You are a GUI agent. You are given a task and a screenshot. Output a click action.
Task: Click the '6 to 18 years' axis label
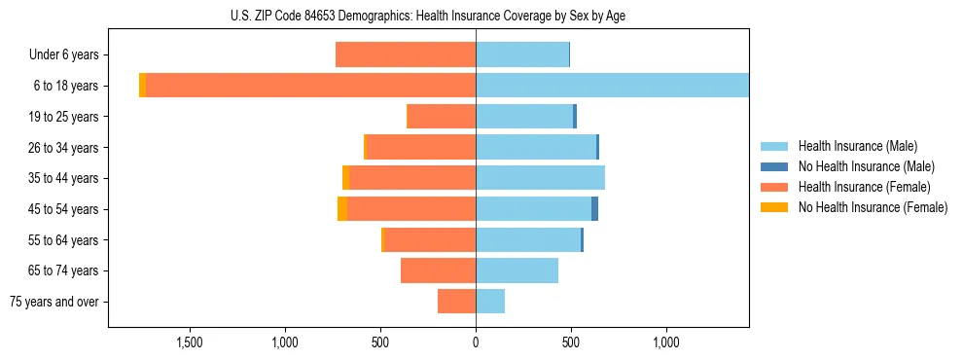coord(66,86)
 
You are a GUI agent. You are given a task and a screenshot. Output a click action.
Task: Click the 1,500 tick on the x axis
coord(190,342)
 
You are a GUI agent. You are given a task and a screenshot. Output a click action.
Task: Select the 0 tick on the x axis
coord(476,342)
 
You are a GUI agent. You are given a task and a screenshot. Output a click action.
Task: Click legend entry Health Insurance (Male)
coord(857,146)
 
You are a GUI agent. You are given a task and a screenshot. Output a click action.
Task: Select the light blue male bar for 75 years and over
coord(490,302)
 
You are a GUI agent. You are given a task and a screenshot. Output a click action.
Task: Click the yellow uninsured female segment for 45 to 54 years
coord(342,209)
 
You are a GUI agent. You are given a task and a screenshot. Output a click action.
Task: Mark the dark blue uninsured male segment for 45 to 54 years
coord(594,209)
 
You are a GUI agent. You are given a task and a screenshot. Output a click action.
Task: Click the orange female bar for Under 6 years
coord(406,55)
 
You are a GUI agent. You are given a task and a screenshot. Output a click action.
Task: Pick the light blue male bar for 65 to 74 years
coord(517,270)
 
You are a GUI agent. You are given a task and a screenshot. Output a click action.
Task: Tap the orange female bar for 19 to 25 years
coord(441,117)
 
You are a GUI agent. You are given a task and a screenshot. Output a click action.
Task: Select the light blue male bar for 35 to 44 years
coord(540,178)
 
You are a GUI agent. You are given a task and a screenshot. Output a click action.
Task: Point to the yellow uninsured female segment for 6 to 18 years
coord(142,86)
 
